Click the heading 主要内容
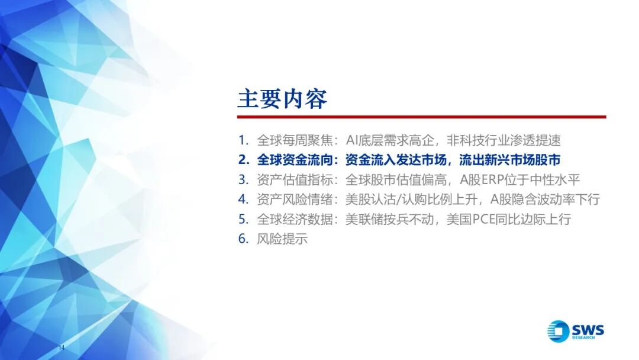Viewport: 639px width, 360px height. tap(282, 99)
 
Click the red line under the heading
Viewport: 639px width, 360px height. tap(422, 117)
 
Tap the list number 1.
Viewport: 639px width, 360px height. tap(243, 140)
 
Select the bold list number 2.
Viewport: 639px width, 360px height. tap(244, 160)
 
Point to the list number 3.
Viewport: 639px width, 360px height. tap(243, 179)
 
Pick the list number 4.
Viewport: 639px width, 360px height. tap(243, 199)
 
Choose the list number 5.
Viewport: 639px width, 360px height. tap(243, 219)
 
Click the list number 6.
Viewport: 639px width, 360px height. tap(243, 239)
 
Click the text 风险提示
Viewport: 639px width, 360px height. tap(282, 239)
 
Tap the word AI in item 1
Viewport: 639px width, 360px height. tap(351, 140)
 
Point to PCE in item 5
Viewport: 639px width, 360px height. tap(483, 219)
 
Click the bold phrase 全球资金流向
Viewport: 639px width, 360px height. tap(295, 160)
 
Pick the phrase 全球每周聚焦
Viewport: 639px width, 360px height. tap(295, 140)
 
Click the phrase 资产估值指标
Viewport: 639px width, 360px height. tap(295, 179)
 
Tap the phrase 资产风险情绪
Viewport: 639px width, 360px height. tap(295, 199)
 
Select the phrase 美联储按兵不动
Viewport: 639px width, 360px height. tap(389, 219)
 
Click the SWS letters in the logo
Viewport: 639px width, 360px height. tap(588, 329)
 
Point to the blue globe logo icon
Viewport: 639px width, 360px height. tap(559, 331)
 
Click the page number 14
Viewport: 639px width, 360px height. tap(62, 348)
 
